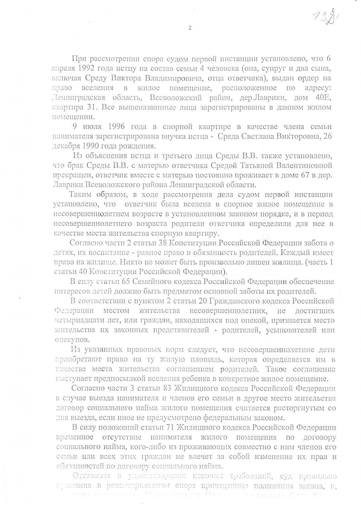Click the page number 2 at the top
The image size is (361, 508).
point(190,28)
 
